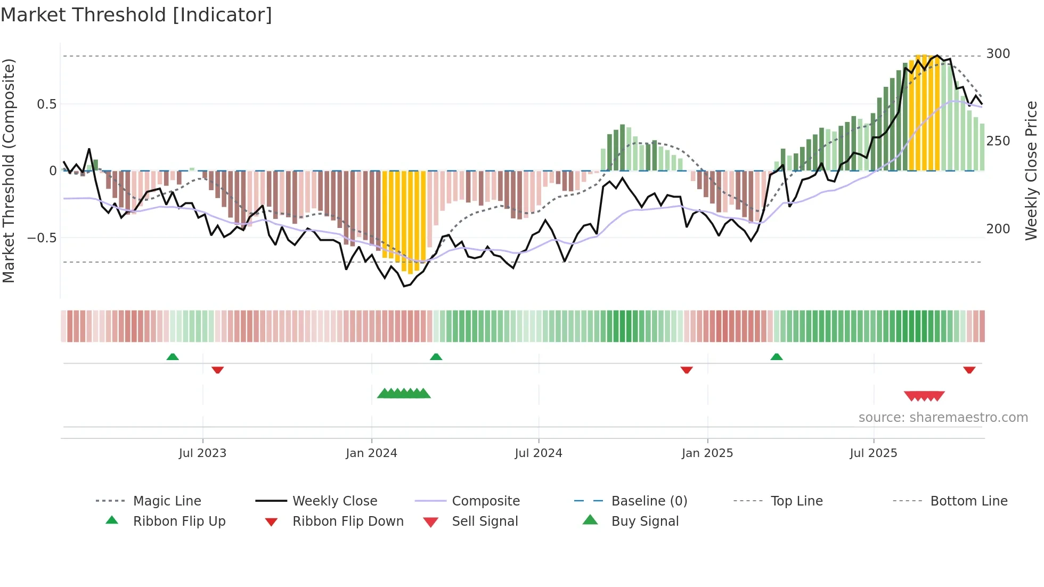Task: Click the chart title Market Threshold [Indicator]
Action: [136, 15]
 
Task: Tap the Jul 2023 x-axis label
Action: [202, 453]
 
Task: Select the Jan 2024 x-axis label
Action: [371, 453]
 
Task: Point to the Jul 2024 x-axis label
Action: [538, 453]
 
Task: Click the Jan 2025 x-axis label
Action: [707, 453]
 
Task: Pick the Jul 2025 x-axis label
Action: [873, 453]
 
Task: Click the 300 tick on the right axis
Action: [998, 54]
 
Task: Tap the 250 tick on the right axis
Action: [998, 141]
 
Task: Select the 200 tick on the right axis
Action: [998, 229]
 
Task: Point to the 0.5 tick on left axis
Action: [47, 104]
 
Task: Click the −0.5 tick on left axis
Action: [42, 238]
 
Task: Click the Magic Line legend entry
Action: [167, 501]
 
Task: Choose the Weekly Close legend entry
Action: [335, 501]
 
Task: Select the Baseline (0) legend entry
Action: [649, 501]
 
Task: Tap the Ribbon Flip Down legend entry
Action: [347, 521]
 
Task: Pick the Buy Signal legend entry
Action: [645, 521]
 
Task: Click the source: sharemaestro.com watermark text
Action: [943, 418]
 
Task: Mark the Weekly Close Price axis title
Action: [1031, 170]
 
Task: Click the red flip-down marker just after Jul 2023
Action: [217, 370]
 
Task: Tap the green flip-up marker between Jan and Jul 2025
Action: [776, 357]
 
